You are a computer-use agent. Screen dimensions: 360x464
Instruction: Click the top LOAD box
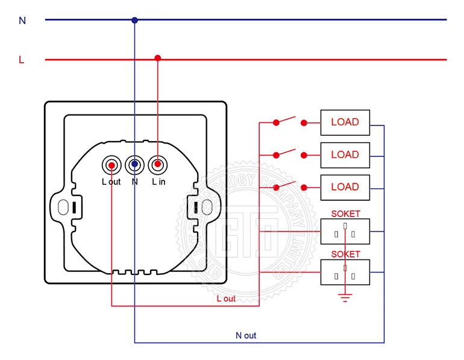click(345, 122)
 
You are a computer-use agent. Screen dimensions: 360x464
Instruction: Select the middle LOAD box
click(345, 155)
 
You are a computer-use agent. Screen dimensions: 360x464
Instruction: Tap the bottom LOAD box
click(345, 188)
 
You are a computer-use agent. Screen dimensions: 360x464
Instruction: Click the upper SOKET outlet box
click(345, 231)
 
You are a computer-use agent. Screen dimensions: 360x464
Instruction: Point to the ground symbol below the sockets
click(345, 296)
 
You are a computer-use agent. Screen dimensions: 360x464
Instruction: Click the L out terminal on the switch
click(111, 164)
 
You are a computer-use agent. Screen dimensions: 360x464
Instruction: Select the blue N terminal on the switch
click(134, 164)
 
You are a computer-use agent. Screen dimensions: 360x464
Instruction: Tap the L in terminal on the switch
click(158, 164)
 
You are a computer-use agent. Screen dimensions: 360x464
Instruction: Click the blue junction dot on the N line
click(134, 20)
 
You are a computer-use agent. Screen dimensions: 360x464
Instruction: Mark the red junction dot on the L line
click(158, 58)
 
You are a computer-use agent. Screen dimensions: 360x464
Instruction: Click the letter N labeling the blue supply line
click(22, 21)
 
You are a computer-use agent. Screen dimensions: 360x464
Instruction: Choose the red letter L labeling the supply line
click(22, 60)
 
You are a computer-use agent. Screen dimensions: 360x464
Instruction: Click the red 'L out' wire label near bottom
click(226, 298)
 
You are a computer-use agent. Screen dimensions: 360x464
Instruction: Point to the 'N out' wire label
click(246, 335)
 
